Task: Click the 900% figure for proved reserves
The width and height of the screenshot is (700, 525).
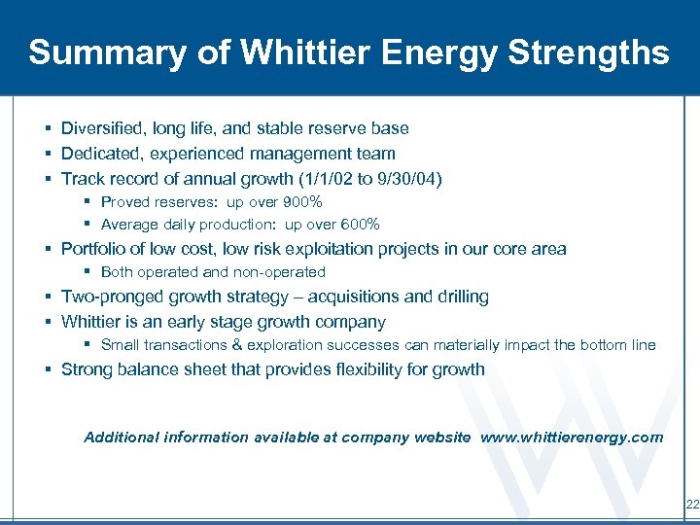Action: click(x=301, y=202)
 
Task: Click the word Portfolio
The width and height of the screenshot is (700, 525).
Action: click(x=90, y=249)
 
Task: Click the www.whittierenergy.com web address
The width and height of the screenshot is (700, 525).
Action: click(x=573, y=437)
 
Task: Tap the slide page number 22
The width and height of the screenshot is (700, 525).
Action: click(x=691, y=505)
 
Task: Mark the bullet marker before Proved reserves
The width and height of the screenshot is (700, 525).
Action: click(x=87, y=202)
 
